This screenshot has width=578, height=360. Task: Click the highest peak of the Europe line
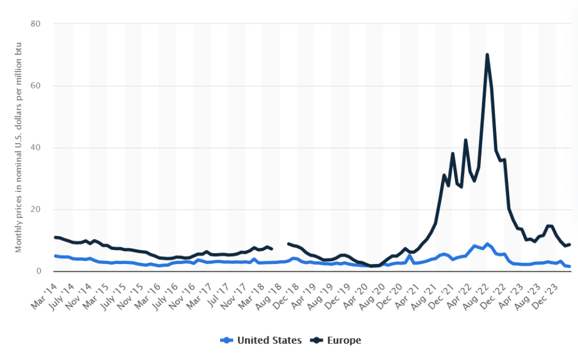(x=487, y=55)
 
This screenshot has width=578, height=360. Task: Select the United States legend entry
(x=261, y=340)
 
